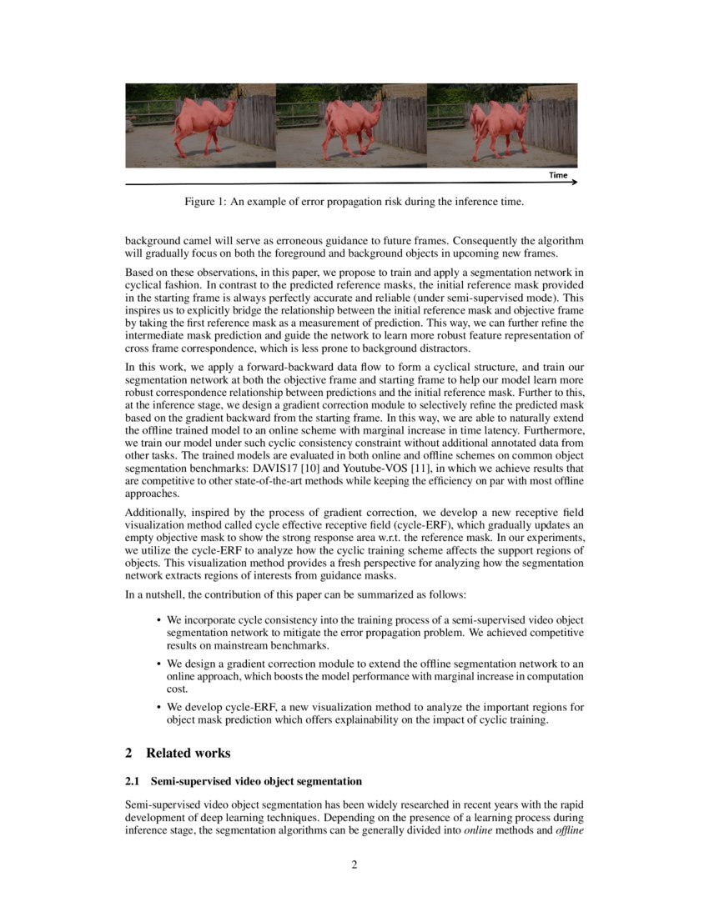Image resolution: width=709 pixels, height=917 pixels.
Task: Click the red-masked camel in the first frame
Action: pos(200,123)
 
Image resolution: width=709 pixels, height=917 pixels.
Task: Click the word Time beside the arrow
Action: pos(558,175)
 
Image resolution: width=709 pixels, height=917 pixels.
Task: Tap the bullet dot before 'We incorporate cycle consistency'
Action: pos(158,620)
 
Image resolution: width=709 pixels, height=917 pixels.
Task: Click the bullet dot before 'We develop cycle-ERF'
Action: pos(158,708)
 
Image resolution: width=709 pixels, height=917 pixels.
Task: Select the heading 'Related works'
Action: pos(188,753)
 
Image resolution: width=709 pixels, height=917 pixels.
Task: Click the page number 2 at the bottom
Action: pos(354,864)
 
